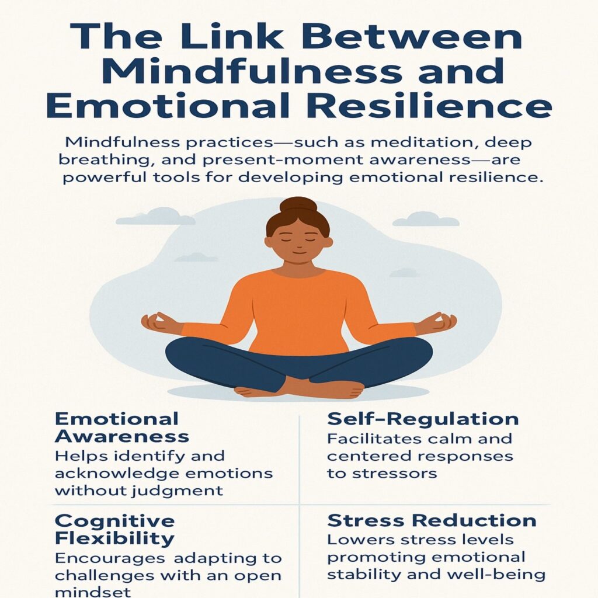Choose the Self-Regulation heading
(423, 419)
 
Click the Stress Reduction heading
(432, 520)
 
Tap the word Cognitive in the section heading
(114, 521)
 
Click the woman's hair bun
(298, 206)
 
